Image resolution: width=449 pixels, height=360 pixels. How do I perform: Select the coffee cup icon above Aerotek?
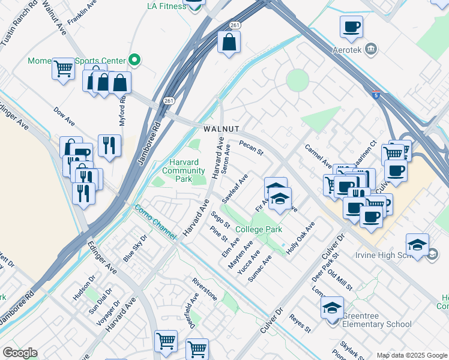[x=351, y=27]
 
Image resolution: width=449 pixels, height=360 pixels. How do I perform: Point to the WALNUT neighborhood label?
[x=221, y=129]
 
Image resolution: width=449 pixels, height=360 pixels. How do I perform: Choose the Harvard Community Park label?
[x=184, y=171]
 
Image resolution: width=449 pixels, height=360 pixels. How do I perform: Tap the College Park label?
[x=259, y=230]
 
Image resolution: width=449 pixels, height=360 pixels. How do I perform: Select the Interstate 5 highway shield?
[x=375, y=94]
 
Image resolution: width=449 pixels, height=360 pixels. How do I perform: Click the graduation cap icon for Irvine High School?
[x=417, y=245]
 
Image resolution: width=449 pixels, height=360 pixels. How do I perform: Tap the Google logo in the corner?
[x=19, y=353]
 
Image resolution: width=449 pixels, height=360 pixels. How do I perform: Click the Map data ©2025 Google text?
[x=411, y=355]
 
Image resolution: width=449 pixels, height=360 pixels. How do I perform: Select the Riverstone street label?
[x=204, y=289]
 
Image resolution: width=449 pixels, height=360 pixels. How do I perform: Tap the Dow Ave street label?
[x=64, y=116]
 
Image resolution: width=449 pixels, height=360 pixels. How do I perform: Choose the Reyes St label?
[x=300, y=323]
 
